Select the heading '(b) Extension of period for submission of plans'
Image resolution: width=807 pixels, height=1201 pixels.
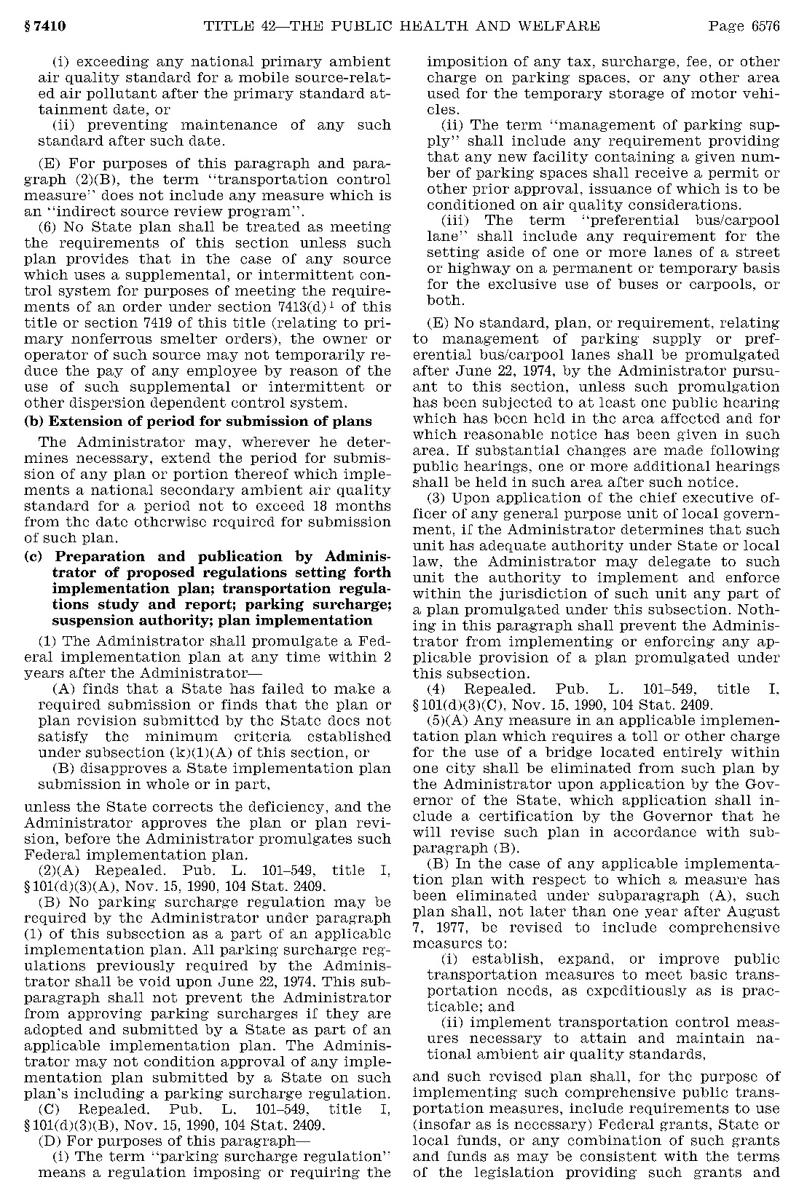click(x=198, y=421)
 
